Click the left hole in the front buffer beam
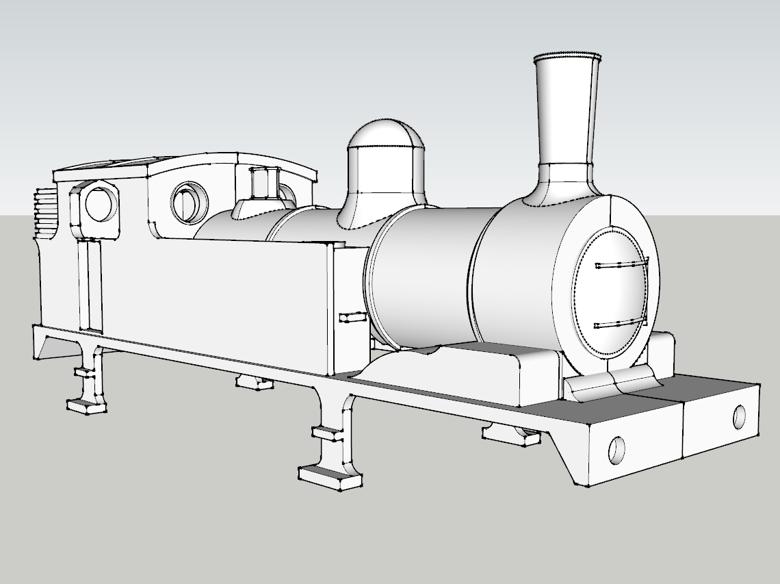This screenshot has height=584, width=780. click(617, 448)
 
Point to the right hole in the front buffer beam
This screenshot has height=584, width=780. click(739, 416)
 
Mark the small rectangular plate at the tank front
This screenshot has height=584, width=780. click(353, 317)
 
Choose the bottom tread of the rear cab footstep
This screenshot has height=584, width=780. click(86, 406)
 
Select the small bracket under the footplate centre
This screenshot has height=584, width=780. click(254, 383)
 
